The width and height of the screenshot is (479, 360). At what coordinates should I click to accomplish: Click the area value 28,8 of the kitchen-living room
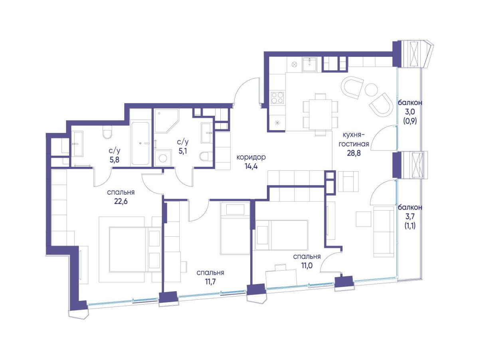[354, 153]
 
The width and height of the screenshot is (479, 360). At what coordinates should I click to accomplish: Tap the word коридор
[251, 157]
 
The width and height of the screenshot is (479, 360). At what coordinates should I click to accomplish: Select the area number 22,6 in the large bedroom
[121, 201]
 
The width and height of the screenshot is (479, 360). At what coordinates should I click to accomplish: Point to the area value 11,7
[210, 282]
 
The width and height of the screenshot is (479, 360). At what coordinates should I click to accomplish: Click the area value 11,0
[307, 265]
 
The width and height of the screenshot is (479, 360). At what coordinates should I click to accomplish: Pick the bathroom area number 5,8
[115, 160]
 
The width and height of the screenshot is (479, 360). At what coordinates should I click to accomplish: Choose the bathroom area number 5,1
[183, 151]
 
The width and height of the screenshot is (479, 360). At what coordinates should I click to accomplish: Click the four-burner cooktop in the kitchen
[277, 97]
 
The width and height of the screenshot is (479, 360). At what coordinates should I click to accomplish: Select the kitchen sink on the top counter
[309, 65]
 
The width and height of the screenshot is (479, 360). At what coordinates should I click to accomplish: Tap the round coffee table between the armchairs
[371, 90]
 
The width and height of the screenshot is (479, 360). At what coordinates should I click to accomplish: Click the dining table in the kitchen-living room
[321, 114]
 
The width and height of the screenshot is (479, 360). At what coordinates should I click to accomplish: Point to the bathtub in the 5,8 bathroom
[140, 143]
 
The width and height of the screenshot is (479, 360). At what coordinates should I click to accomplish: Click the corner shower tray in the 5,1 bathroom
[166, 121]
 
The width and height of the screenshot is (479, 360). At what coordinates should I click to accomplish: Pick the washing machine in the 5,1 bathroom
[162, 158]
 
